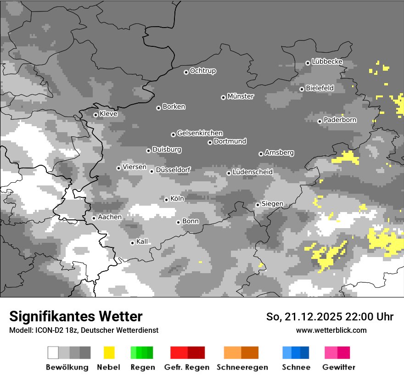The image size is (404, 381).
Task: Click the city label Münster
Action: tap(241, 96)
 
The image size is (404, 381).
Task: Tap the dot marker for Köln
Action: tap(166, 200)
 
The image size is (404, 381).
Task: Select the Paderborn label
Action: tap(340, 120)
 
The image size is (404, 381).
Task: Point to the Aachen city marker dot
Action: tap(94, 218)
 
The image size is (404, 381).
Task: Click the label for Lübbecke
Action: tap(327, 62)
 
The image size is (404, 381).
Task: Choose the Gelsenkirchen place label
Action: tap(200, 133)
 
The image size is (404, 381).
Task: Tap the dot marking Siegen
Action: tap(258, 205)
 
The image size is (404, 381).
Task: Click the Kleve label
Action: tap(108, 114)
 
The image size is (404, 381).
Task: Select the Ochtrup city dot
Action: tap(186, 72)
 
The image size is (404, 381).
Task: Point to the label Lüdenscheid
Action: tap(252, 172)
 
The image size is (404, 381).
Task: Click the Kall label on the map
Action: tap(142, 241)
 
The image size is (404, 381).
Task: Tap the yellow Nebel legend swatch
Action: tap(109, 353)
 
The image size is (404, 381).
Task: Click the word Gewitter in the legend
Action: tap(338, 367)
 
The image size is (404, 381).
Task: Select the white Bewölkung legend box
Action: tap(53, 353)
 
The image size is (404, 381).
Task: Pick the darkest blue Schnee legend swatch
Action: tap(305, 353)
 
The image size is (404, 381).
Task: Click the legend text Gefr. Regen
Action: tap(187, 367)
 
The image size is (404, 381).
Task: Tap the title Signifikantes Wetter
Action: tap(76, 316)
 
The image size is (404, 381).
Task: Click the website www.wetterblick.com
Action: tap(331, 330)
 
